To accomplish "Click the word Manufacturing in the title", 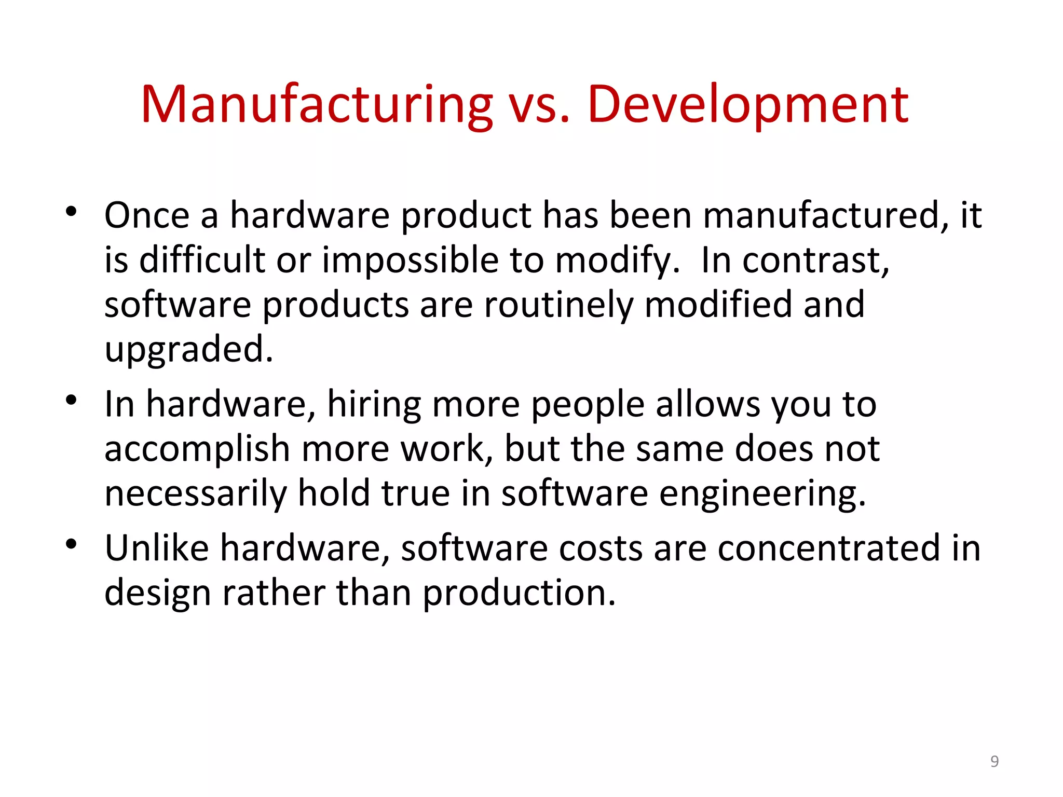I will point(317,105).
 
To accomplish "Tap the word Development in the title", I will point(747,105).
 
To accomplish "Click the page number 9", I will point(994,761).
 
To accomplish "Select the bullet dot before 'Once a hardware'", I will point(71,212).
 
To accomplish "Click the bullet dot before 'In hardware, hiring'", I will point(71,400).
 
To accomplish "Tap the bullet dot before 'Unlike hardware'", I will point(71,544).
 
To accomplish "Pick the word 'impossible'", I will point(410,260).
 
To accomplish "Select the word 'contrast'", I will point(815,260).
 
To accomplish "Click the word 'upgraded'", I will point(188,350).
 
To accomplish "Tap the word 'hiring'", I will point(374,405).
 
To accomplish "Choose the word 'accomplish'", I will point(197,449).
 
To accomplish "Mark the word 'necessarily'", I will point(195,494).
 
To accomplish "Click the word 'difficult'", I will point(202,260).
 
